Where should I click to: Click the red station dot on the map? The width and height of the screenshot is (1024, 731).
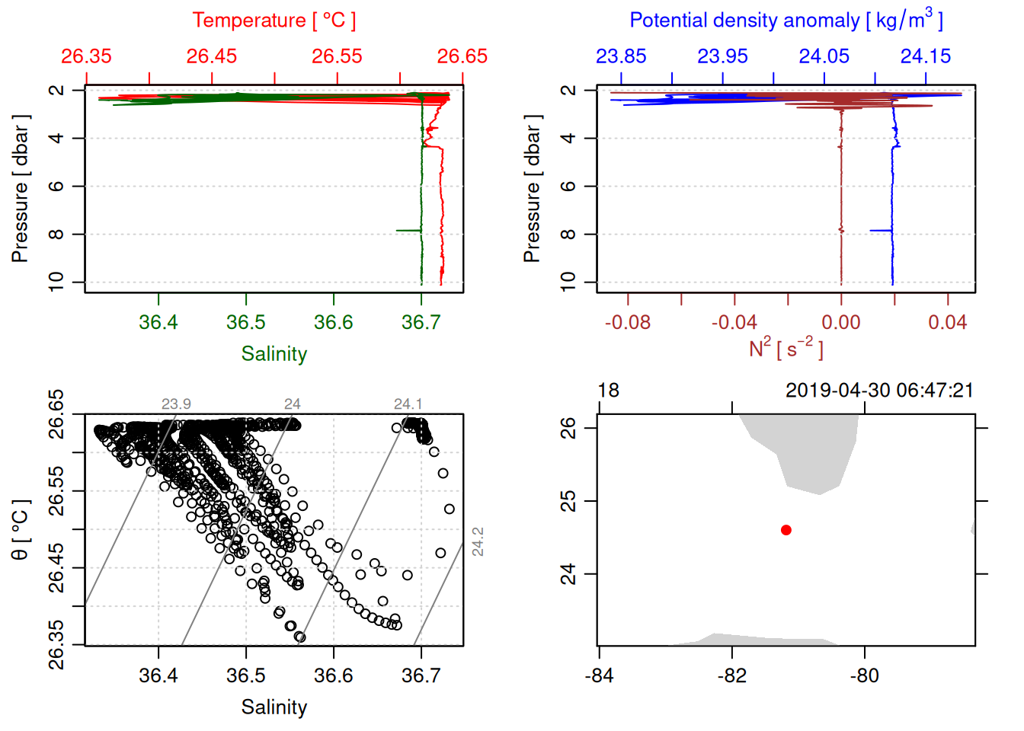tap(786, 530)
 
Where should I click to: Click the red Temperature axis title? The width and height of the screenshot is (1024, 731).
tap(274, 21)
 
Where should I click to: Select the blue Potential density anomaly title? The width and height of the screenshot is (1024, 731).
tap(786, 20)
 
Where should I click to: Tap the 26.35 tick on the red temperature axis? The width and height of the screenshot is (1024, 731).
tap(86, 56)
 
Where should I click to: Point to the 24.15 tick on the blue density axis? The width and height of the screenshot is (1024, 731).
tap(926, 56)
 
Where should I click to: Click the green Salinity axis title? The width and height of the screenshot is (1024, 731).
tap(274, 354)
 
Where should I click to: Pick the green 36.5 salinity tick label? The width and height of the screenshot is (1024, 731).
tap(246, 322)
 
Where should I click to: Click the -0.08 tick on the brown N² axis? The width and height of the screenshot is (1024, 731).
tap(628, 322)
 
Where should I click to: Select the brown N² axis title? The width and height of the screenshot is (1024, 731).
tap(786, 349)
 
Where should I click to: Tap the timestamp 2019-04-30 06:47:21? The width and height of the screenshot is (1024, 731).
tap(879, 391)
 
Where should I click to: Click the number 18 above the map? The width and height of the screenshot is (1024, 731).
tap(608, 391)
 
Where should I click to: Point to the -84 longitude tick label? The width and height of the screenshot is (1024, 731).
tap(600, 675)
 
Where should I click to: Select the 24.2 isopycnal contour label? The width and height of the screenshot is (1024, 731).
tap(478, 541)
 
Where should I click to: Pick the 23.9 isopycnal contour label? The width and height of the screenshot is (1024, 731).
tap(176, 404)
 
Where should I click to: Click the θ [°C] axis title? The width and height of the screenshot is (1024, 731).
tap(21, 530)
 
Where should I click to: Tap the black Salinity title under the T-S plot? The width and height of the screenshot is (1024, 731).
tap(274, 707)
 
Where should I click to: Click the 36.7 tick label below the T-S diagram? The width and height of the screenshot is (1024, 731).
tap(421, 675)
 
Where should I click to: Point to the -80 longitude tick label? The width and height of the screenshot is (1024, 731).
tap(865, 675)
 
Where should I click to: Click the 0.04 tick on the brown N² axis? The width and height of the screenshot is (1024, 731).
tap(947, 322)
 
